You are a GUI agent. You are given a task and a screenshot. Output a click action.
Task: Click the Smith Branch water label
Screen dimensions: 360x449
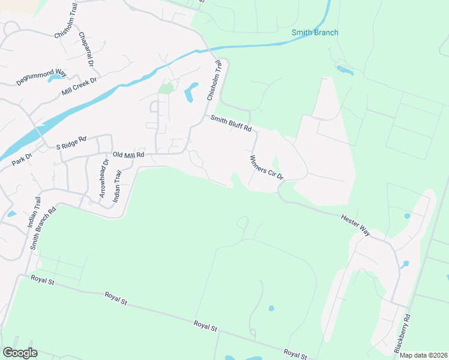coord(315,32)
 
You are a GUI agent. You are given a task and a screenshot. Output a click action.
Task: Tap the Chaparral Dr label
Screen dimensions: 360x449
coord(87,49)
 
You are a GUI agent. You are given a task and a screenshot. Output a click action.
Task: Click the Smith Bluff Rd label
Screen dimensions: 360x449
coord(230,124)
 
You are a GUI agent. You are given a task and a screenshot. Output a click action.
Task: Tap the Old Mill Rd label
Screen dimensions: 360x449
coord(129,154)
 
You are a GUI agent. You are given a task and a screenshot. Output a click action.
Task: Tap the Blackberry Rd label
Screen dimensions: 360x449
coord(402,334)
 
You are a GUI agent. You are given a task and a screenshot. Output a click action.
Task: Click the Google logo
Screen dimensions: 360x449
coord(20,352)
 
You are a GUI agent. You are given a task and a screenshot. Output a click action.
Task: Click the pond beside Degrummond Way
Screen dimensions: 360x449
coord(55,77)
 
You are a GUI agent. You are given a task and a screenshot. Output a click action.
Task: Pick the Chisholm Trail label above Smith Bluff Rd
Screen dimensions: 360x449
coord(214,82)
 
